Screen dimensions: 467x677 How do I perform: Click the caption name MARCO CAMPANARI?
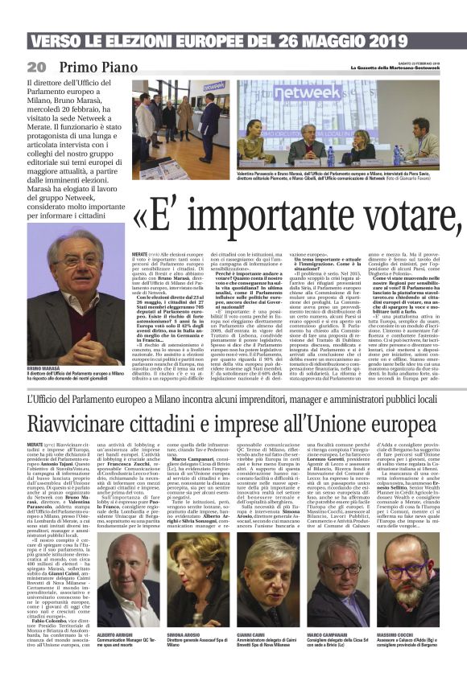pos(329,634)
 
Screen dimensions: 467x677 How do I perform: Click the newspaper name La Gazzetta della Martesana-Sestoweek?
pos(395,67)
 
